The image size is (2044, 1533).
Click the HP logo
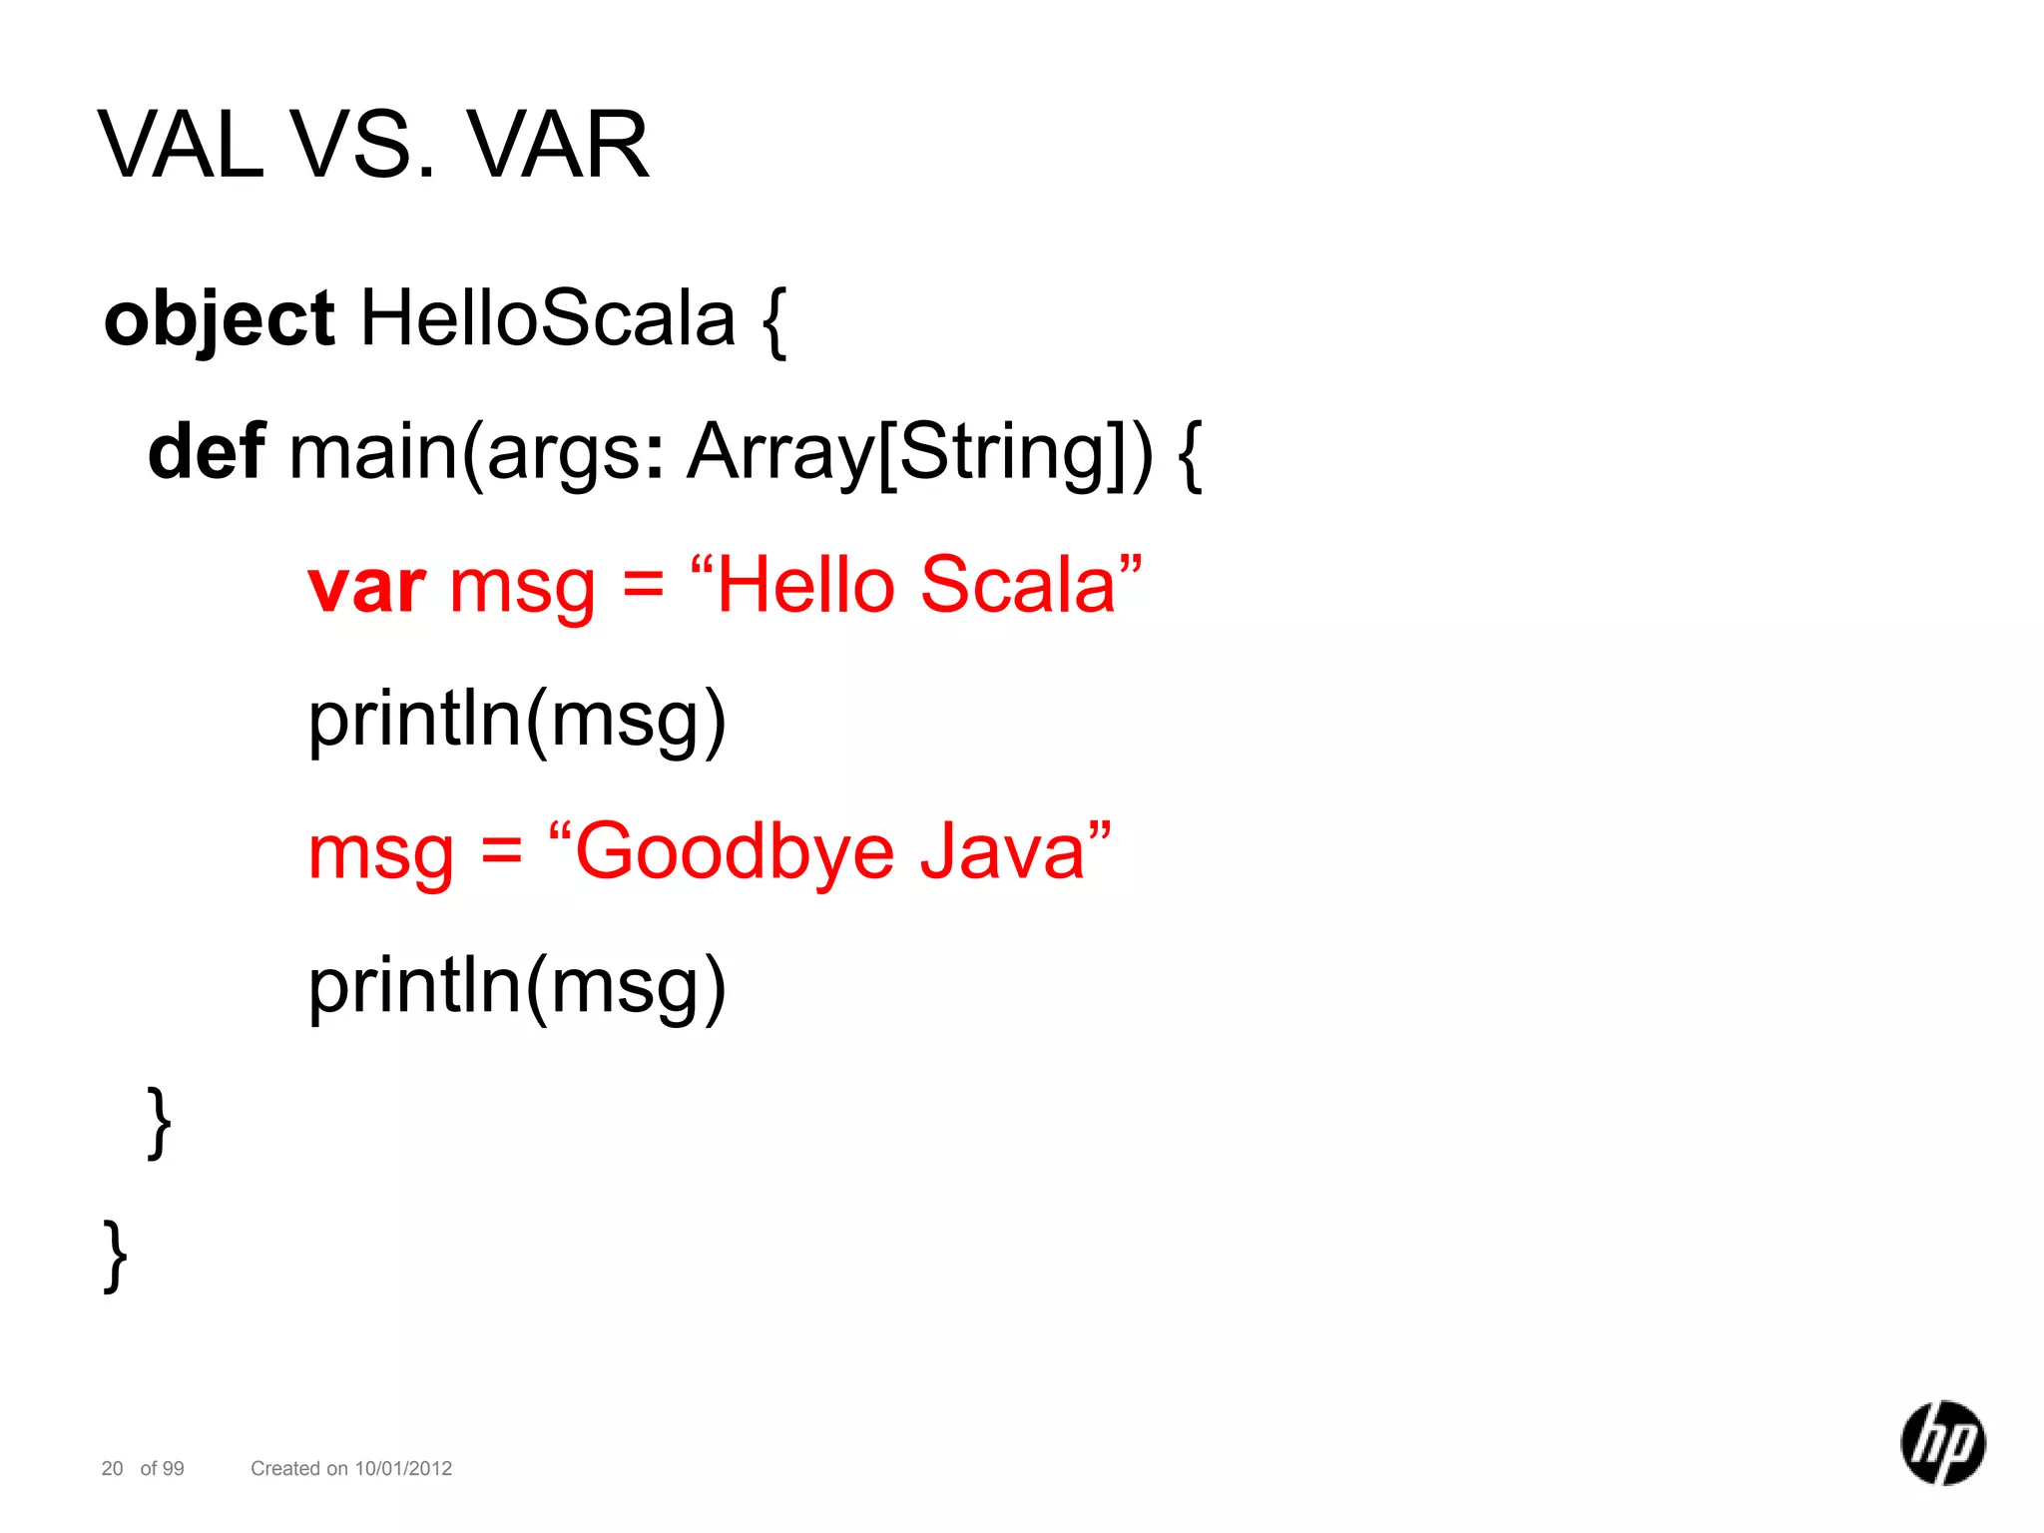click(1942, 1442)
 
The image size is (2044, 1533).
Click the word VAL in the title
click(182, 146)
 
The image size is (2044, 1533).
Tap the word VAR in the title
click(558, 146)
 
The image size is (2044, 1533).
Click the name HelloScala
click(547, 319)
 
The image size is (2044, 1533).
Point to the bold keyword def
click(207, 452)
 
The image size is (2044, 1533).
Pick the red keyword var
click(366, 587)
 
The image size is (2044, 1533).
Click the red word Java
click(1001, 852)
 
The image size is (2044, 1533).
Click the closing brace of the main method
click(159, 1122)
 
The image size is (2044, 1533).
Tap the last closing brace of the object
click(116, 1256)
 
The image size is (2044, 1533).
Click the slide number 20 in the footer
click(112, 1468)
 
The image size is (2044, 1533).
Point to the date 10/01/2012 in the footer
click(403, 1468)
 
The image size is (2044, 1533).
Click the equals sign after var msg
click(643, 587)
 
